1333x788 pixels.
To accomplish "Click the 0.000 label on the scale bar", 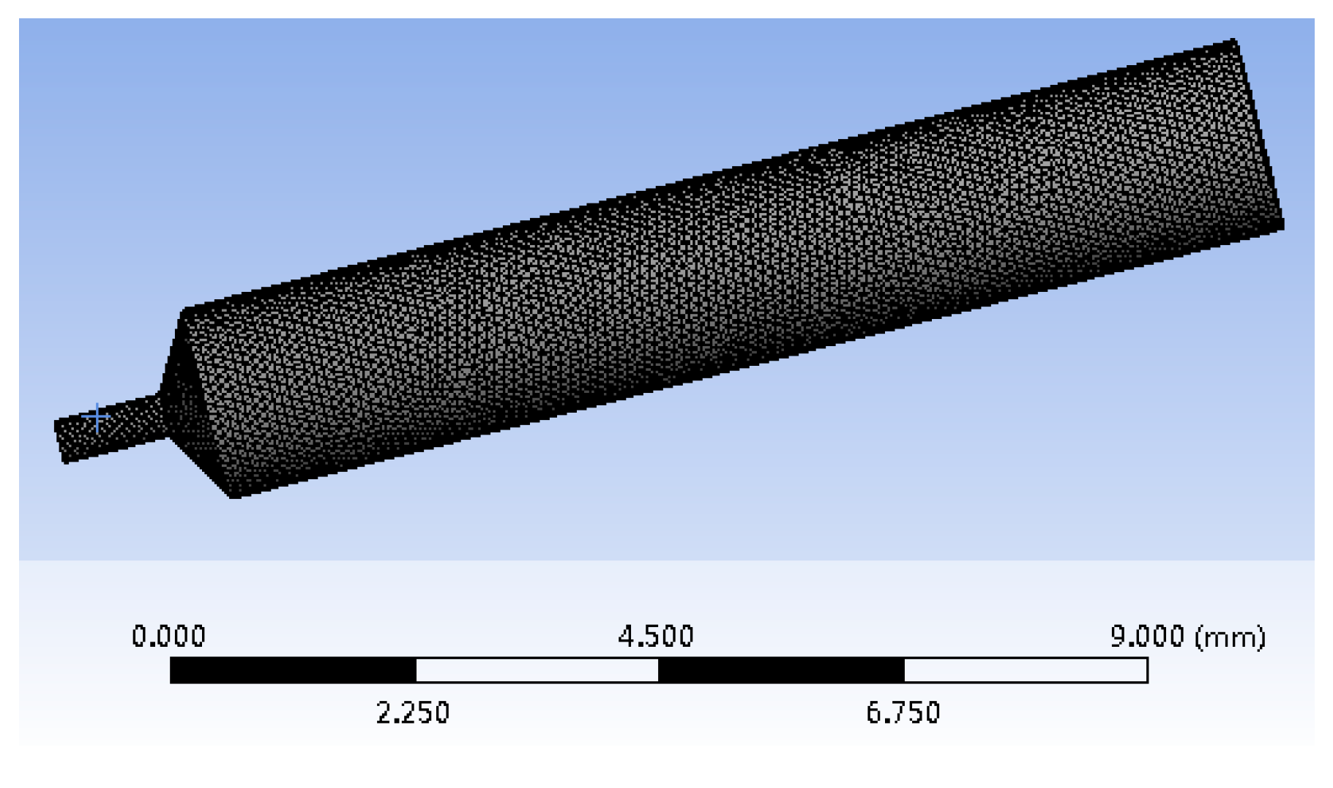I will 168,636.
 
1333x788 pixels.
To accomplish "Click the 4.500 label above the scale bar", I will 655,636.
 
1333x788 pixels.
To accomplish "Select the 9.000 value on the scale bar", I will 1146,636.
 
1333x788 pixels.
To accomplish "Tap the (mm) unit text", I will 1230,637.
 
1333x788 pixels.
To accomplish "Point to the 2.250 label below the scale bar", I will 413,712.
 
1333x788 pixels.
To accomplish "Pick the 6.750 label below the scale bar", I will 903,712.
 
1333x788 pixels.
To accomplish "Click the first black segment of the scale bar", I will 293,670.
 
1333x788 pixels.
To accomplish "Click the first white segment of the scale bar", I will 537,670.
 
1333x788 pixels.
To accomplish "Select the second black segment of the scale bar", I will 781,670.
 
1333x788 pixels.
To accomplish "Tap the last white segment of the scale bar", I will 1025,670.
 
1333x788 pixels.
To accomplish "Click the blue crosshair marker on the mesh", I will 97,418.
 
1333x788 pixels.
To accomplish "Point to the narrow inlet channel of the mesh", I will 117,428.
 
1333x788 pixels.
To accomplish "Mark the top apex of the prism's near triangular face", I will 184,312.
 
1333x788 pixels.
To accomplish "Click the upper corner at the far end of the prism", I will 1233,42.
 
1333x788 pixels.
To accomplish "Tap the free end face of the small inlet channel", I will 60,441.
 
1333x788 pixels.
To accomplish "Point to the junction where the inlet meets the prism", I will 162,417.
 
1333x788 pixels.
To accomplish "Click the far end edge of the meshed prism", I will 1258,135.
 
